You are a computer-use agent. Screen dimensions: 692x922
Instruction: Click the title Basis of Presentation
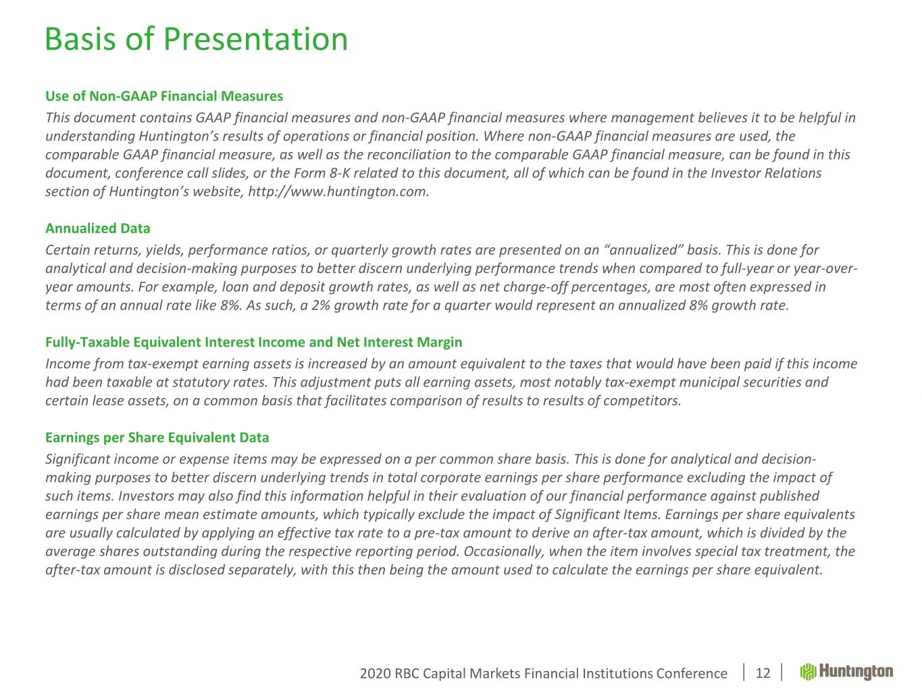point(196,39)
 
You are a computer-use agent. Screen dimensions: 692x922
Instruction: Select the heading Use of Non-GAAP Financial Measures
point(164,96)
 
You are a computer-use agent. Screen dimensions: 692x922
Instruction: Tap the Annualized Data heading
point(98,228)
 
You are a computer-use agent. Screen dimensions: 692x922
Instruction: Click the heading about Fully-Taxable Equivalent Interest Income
point(253,342)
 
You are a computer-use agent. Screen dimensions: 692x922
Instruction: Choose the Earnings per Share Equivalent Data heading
point(157,437)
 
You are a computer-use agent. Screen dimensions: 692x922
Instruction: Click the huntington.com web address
point(338,191)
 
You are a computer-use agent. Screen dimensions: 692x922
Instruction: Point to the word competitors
point(646,401)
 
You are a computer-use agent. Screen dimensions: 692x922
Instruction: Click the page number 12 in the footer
point(763,673)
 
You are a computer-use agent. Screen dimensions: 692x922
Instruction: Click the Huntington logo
point(846,672)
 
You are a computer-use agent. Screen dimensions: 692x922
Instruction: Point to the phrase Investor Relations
point(766,173)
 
